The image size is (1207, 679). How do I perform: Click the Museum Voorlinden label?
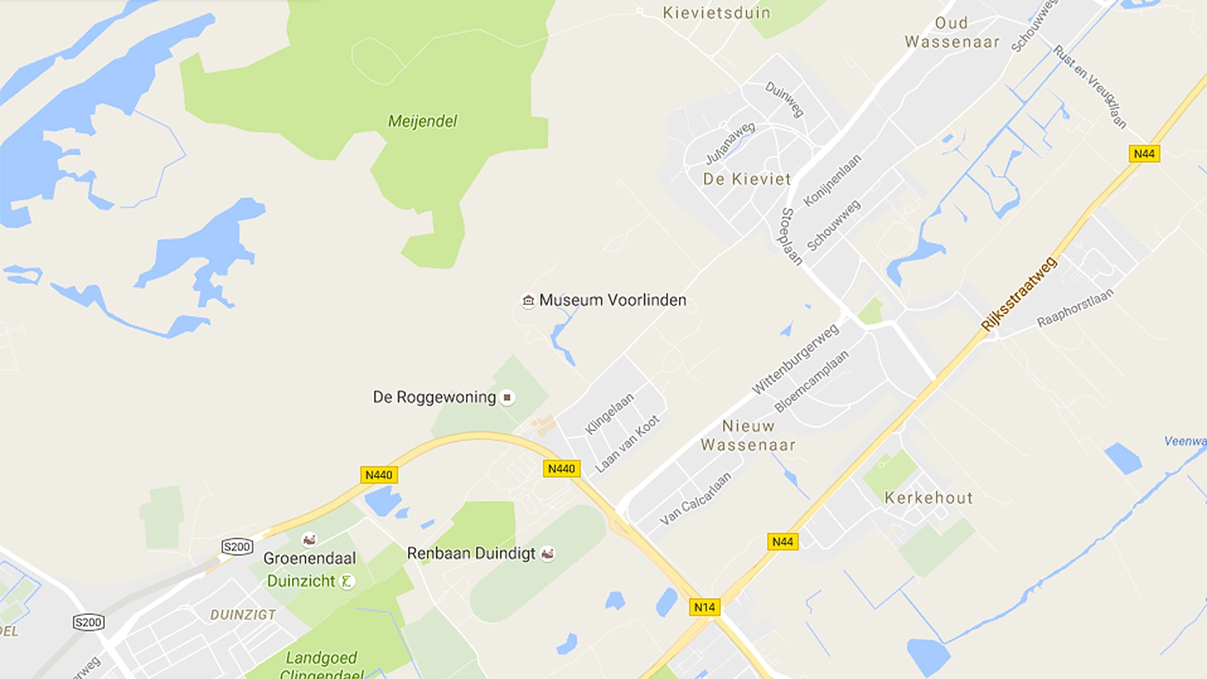[612, 301]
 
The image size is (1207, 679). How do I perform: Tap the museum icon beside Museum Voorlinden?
[528, 301]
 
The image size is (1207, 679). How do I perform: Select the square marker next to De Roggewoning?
[507, 397]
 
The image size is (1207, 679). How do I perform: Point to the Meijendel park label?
[422, 121]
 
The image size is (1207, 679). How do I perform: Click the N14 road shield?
[704, 607]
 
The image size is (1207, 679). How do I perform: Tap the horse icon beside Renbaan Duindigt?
[548, 554]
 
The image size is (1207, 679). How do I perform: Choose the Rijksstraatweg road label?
[1018, 294]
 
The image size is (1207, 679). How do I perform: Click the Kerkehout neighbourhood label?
[929, 498]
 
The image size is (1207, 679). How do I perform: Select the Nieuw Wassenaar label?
[748, 436]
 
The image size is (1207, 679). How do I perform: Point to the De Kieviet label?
[747, 179]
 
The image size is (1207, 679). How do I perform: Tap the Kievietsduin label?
[717, 13]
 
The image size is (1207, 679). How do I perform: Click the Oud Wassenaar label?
[952, 33]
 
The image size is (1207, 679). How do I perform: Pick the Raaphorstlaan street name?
[1075, 308]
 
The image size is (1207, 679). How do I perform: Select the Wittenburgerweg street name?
[795, 359]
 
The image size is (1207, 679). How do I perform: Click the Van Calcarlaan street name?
[695, 499]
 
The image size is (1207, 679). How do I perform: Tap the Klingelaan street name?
[609, 414]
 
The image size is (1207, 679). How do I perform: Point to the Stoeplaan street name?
[791, 236]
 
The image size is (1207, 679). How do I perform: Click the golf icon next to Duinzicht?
[346, 582]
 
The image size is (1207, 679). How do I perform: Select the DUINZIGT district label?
[243, 615]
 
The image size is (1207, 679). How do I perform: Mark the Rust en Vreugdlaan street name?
[1090, 87]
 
